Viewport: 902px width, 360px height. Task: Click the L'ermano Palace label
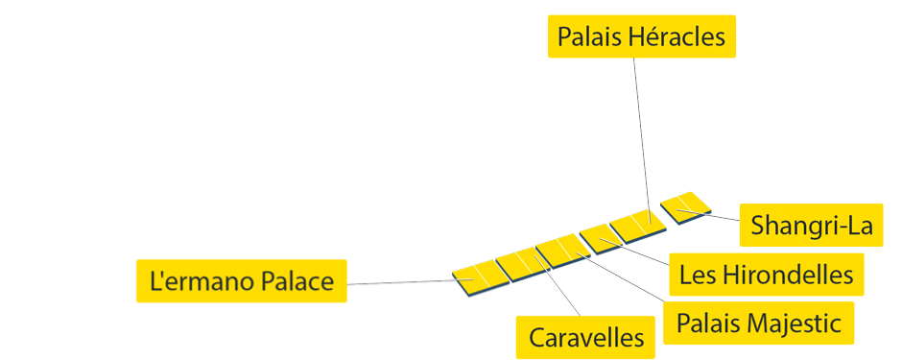pyautogui.click(x=241, y=281)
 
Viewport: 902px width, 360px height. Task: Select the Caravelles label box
pyautogui.click(x=585, y=337)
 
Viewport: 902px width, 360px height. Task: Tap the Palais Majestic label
pyautogui.click(x=758, y=324)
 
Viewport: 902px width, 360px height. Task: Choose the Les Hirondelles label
pyautogui.click(x=766, y=275)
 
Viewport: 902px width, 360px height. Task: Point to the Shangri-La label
pyautogui.click(x=812, y=226)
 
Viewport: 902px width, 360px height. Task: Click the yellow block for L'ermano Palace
pyautogui.click(x=477, y=276)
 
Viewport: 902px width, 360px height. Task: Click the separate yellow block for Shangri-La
pyautogui.click(x=687, y=205)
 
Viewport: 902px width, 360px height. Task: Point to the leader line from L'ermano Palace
pyautogui.click(x=403, y=282)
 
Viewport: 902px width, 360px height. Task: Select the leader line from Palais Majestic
pyautogui.click(x=624, y=279)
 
